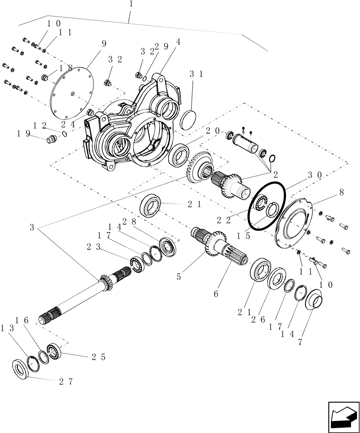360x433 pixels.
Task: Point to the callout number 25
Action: [x=98, y=357]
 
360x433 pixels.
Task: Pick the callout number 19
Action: [x=24, y=134]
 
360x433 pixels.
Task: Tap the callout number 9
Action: [x=103, y=43]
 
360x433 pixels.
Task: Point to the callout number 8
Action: [x=341, y=192]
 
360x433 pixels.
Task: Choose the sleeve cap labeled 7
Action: [x=314, y=301]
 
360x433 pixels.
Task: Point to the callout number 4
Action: [x=178, y=42]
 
